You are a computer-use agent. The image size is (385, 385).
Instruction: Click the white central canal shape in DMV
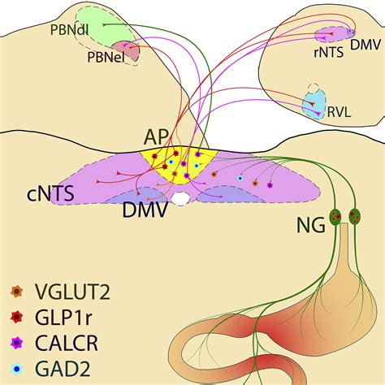(180, 197)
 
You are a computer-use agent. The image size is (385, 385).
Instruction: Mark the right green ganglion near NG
(355, 216)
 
